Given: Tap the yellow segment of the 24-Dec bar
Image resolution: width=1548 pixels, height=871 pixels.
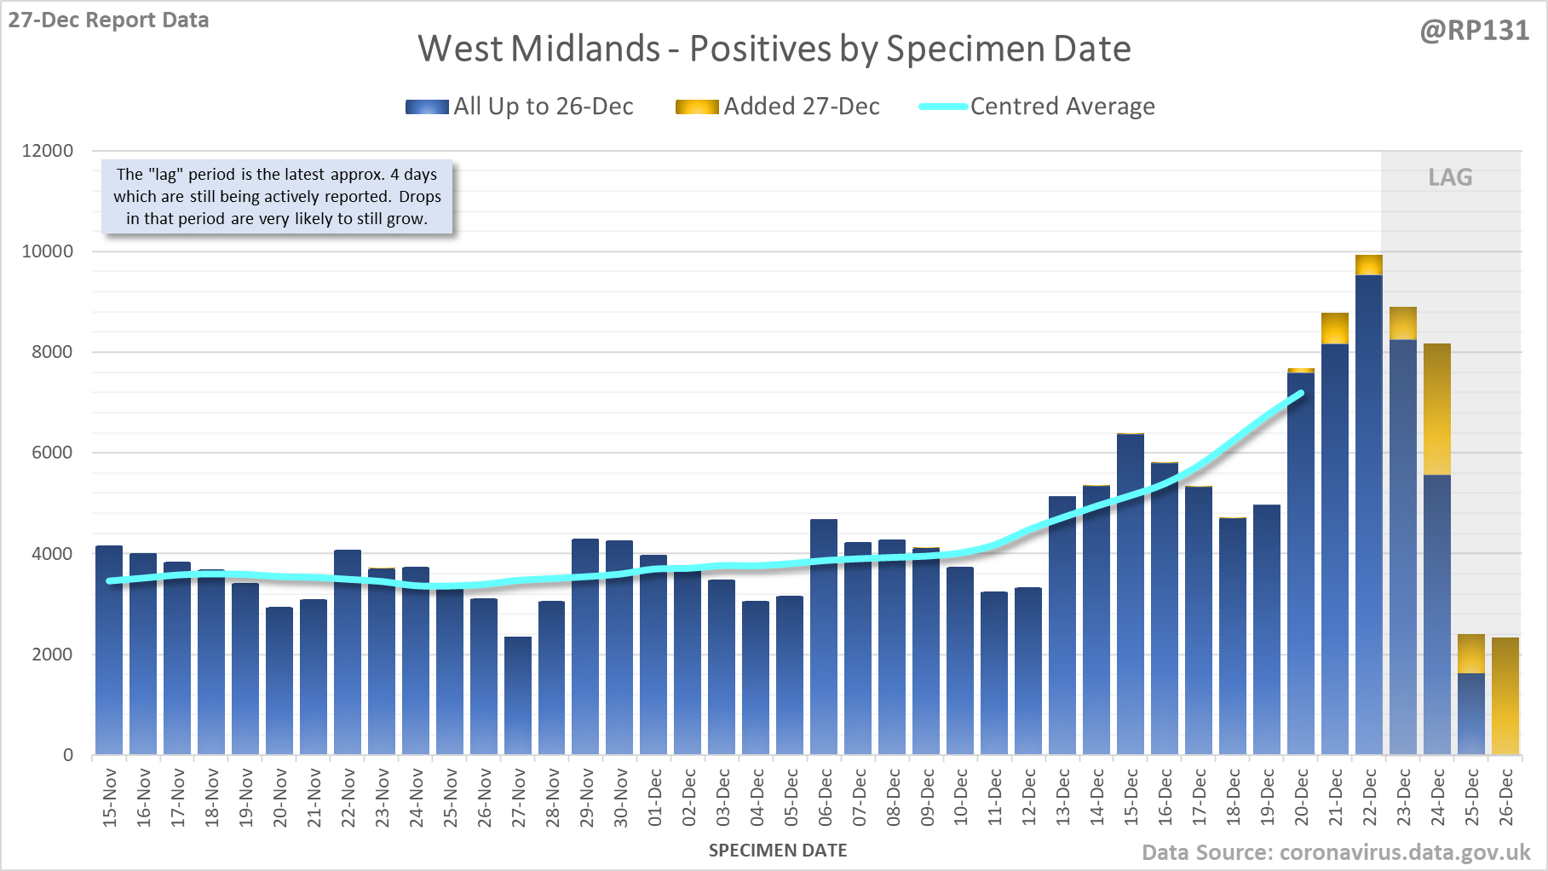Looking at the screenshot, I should [1437, 409].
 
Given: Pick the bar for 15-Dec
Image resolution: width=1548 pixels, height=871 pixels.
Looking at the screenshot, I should [1131, 597].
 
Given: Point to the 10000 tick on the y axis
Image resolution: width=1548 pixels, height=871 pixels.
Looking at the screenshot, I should [48, 251].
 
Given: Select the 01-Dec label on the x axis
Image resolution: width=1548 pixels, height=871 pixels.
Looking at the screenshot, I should [655, 798].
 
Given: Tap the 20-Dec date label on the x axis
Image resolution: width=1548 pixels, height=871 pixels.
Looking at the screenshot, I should [1302, 798].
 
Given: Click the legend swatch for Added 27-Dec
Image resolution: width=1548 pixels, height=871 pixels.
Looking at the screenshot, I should [697, 107].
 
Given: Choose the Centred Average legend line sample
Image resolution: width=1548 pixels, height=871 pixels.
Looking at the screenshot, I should [943, 107].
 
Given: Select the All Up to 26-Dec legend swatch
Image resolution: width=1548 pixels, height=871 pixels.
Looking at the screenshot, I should [427, 107].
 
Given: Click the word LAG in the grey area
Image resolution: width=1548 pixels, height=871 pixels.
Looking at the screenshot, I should [1450, 177].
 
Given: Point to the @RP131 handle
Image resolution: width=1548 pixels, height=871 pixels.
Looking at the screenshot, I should [1474, 31].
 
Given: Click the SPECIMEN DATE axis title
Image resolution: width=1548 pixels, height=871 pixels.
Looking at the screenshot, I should [778, 851].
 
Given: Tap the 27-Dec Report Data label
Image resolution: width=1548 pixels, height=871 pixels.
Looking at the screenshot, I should [108, 20].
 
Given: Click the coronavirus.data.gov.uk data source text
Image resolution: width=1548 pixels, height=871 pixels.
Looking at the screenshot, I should [1405, 852].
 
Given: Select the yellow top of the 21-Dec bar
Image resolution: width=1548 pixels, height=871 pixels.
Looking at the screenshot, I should [1335, 328].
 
